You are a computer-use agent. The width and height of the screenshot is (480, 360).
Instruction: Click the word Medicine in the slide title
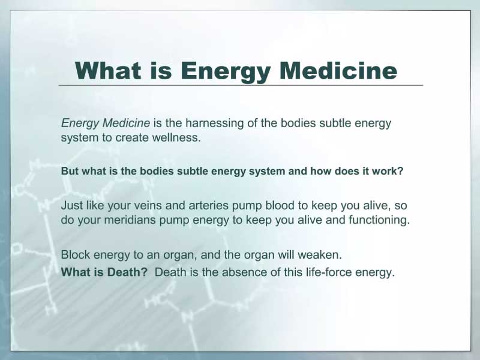click(338, 71)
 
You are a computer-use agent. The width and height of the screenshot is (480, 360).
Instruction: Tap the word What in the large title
click(108, 71)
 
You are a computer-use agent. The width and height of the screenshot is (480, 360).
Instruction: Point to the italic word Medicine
click(126, 123)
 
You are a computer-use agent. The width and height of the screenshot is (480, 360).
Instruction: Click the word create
click(131, 137)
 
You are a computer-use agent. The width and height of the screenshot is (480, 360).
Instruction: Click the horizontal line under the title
click(241, 85)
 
